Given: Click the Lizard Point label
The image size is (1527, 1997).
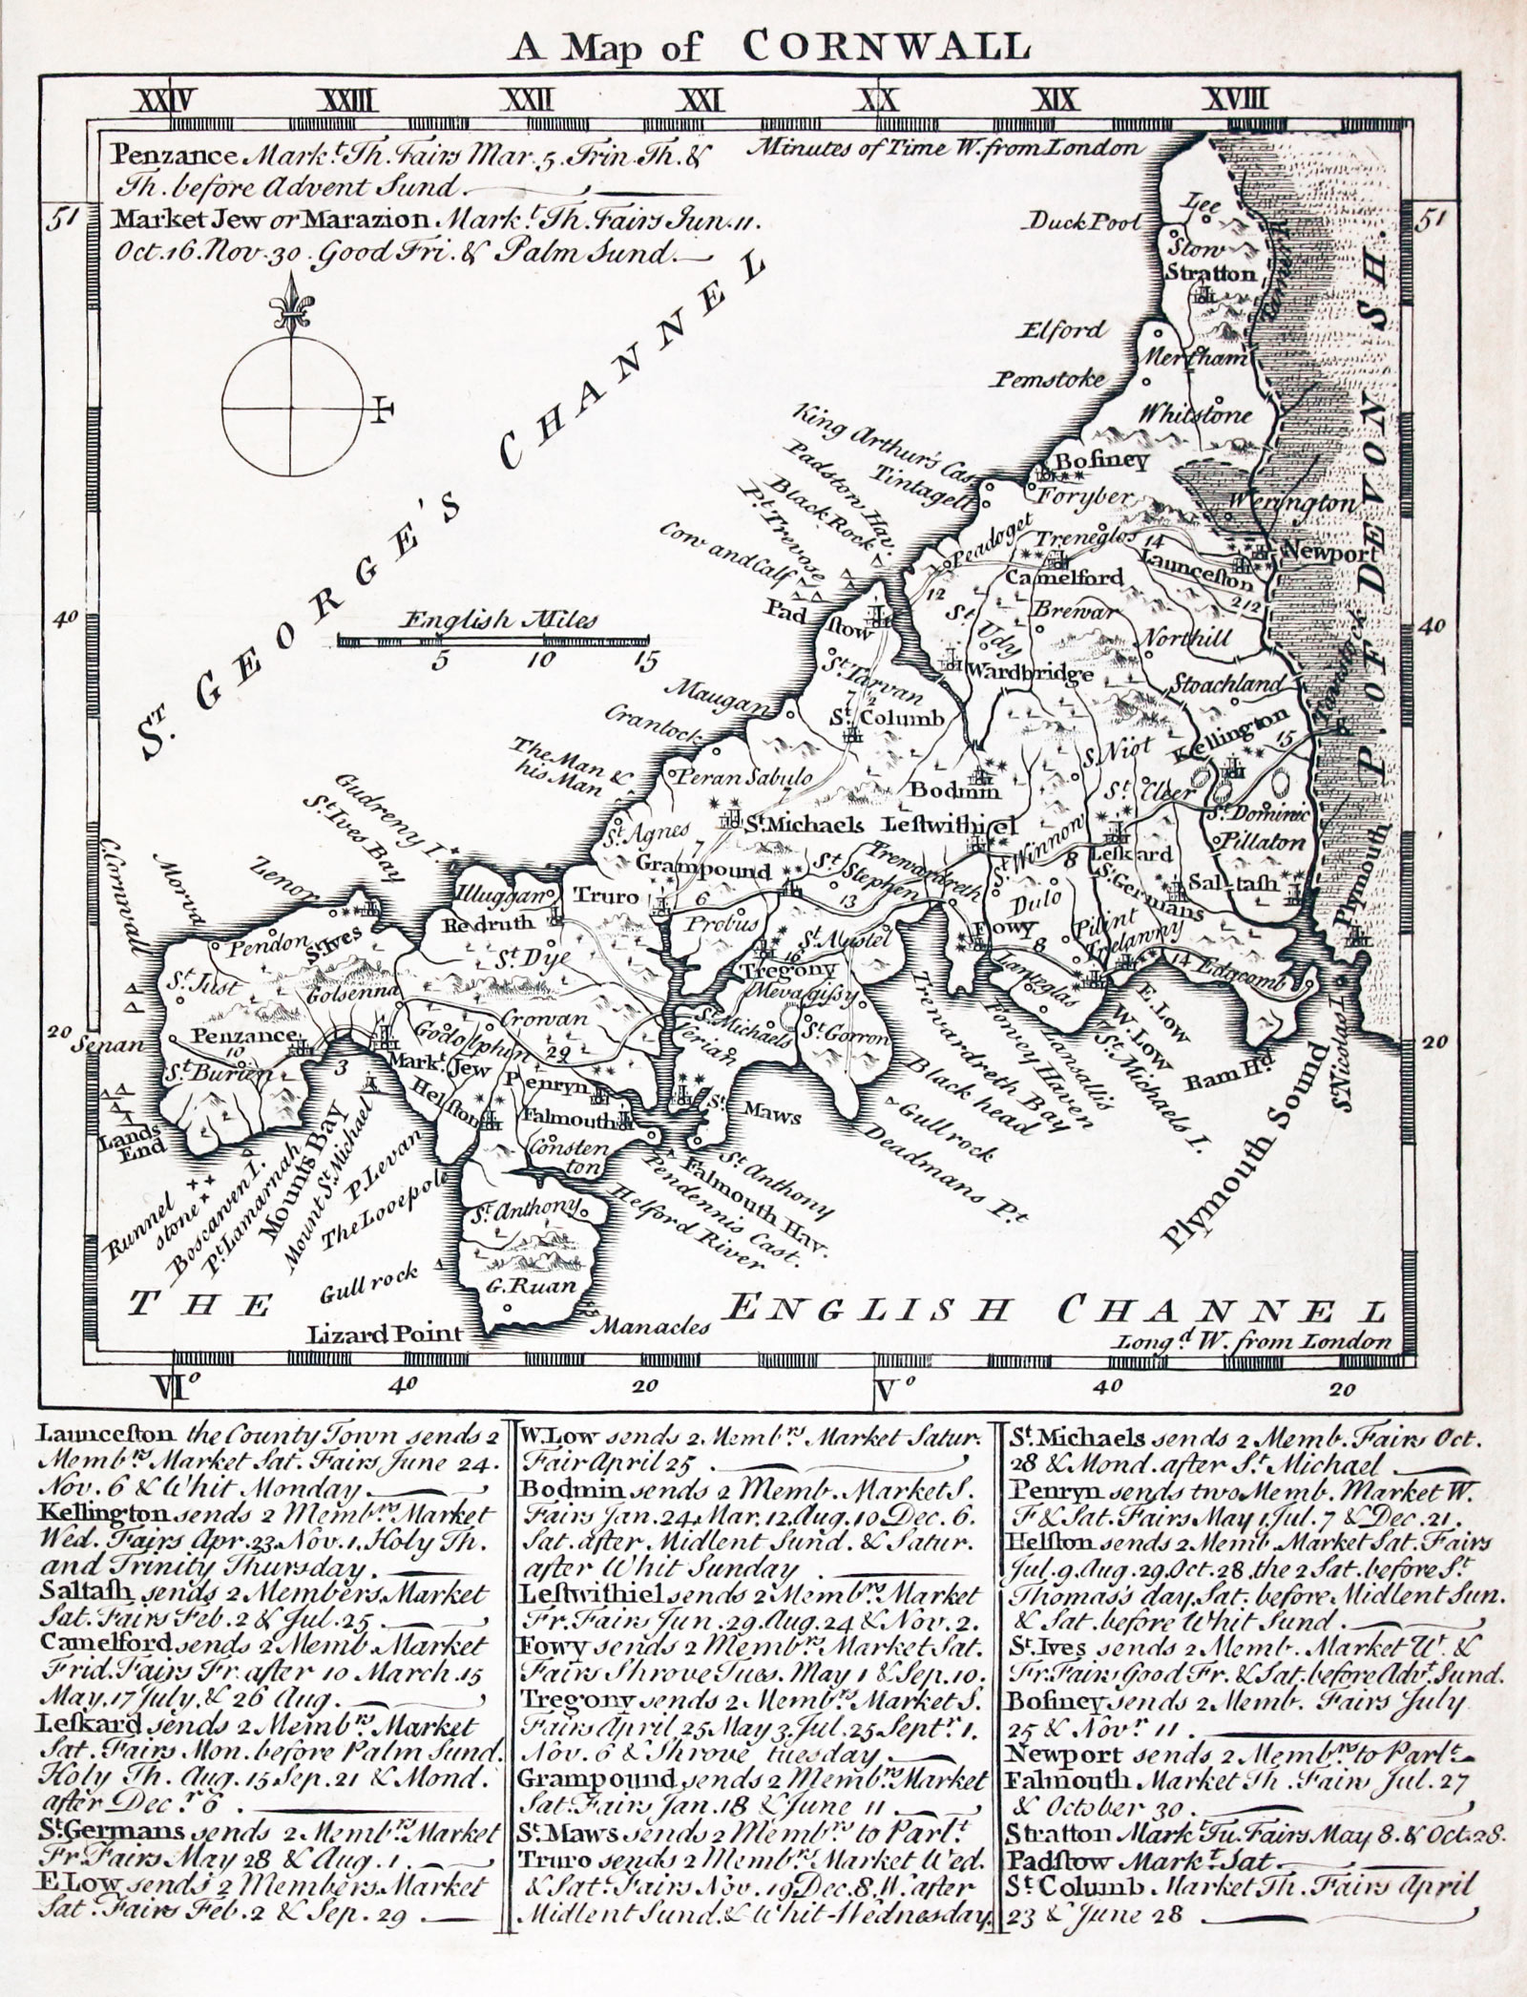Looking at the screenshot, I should click(382, 1334).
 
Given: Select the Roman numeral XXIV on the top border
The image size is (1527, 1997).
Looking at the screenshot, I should click(169, 99).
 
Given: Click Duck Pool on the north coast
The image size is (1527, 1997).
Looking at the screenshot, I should click(1083, 223).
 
